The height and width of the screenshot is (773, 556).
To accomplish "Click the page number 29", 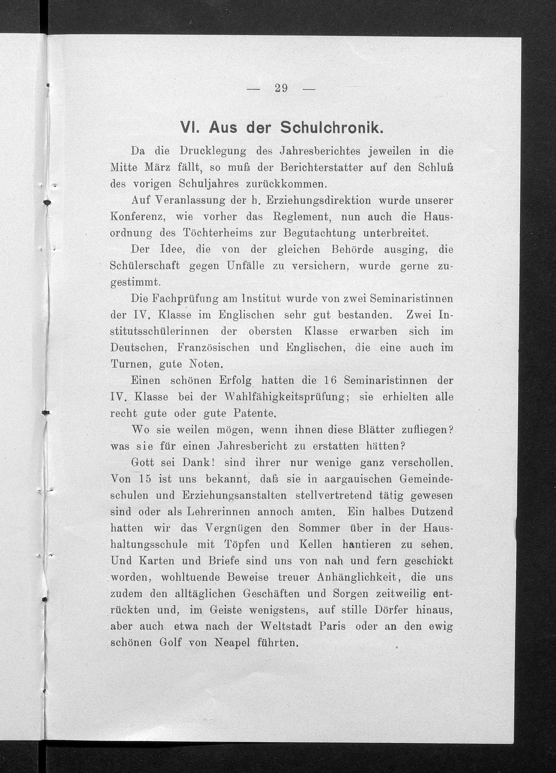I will tap(281, 88).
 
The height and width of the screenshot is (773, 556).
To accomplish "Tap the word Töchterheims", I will tap(218, 233).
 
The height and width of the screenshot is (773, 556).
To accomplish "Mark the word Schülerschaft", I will tap(145, 267).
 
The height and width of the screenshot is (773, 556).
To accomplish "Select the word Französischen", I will tap(213, 348).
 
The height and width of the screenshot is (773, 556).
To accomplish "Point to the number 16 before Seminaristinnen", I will tap(330, 381).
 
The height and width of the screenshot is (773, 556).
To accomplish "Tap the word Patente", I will tap(254, 414).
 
